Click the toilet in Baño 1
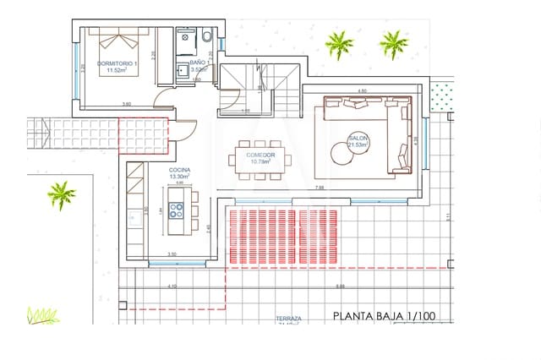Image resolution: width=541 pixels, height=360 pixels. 206,37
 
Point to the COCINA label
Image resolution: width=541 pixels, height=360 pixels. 179,171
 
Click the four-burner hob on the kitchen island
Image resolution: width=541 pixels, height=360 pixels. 178,211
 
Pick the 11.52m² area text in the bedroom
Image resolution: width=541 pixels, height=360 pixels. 116,72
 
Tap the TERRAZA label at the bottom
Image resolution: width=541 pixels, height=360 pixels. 288,320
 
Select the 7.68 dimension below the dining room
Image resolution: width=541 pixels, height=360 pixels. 320,188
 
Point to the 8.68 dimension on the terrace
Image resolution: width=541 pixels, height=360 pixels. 340,286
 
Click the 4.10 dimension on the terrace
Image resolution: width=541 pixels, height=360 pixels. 172,286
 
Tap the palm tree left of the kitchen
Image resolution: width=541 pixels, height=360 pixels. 61,194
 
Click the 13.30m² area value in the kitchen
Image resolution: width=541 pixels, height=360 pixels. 179,177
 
